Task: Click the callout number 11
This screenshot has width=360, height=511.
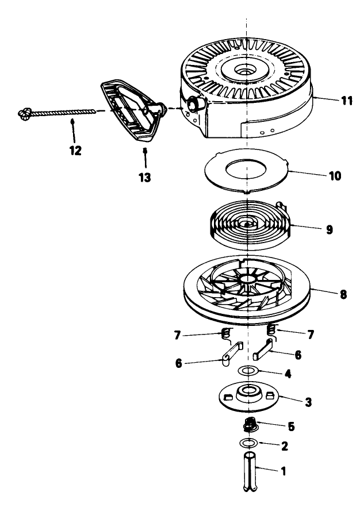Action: pyautogui.click(x=347, y=101)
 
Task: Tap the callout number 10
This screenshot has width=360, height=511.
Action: pyautogui.click(x=335, y=176)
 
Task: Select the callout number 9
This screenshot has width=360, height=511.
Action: pyautogui.click(x=330, y=229)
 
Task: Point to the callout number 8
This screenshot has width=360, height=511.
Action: pyautogui.click(x=343, y=295)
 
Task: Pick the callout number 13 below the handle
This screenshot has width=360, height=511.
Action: pyautogui.click(x=145, y=178)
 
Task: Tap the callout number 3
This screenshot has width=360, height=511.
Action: pyautogui.click(x=308, y=402)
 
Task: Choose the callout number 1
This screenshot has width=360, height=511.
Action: pyautogui.click(x=283, y=471)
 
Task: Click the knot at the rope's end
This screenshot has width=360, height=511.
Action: pyautogui.click(x=24, y=114)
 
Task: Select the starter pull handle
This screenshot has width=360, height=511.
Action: pyautogui.click(x=133, y=110)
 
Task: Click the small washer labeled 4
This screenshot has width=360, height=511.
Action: pyautogui.click(x=248, y=371)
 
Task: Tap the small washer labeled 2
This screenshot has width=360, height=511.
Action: pyautogui.click(x=248, y=443)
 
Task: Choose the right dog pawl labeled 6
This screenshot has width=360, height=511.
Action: pyautogui.click(x=263, y=349)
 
